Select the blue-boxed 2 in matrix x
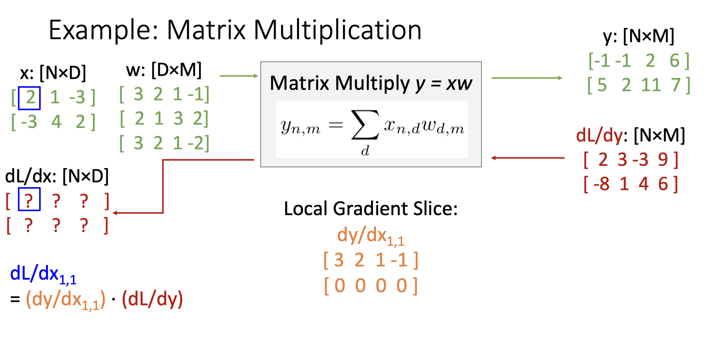click(x=30, y=98)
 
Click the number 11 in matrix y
click(x=651, y=85)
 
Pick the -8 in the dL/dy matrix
click(x=601, y=184)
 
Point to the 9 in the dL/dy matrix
click(x=663, y=160)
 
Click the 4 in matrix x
click(x=56, y=122)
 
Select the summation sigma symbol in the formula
click(x=365, y=125)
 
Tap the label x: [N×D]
click(x=53, y=73)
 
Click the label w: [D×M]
click(x=164, y=70)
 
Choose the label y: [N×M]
click(x=638, y=36)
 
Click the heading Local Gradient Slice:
click(x=371, y=209)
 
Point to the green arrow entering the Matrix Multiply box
click(x=239, y=76)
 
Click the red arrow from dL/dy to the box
click(x=527, y=158)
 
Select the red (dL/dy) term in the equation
click(x=152, y=299)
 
